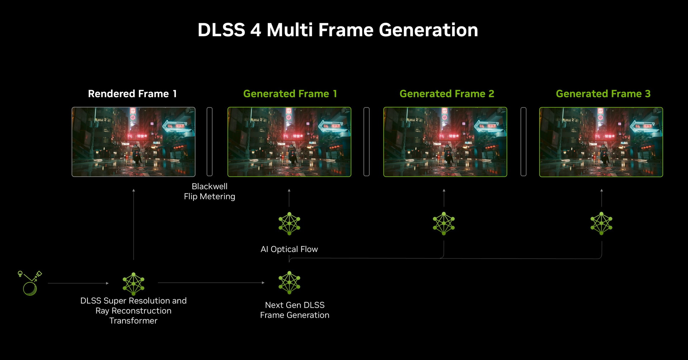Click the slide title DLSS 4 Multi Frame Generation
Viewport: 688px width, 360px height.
[x=338, y=30]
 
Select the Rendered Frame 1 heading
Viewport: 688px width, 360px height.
[x=132, y=94]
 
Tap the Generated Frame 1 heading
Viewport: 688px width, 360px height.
[x=290, y=94]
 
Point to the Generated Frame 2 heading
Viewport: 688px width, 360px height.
[x=447, y=94]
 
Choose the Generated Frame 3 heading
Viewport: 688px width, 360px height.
[x=603, y=94]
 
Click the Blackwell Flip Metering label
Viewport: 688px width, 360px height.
[x=210, y=191]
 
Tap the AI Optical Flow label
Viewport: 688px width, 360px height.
[x=289, y=249]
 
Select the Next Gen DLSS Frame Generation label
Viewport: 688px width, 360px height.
[x=295, y=310]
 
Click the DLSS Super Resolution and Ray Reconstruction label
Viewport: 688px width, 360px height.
[x=133, y=311]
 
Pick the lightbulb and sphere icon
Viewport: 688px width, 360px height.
[x=30, y=283]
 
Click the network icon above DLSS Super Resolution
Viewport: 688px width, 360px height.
[x=133, y=284]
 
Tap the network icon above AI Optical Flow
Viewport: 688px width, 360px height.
[x=289, y=224]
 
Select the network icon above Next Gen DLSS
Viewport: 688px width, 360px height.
[x=289, y=283]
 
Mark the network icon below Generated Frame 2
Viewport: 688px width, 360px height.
[x=444, y=224]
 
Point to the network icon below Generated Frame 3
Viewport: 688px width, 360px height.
[x=601, y=224]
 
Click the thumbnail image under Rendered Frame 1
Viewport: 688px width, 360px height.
[x=133, y=142]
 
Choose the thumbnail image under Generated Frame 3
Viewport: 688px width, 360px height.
[x=601, y=142]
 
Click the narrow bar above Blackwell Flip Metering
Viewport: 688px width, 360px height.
[x=210, y=141]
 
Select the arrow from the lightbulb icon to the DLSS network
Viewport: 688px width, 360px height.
[x=78, y=283]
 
